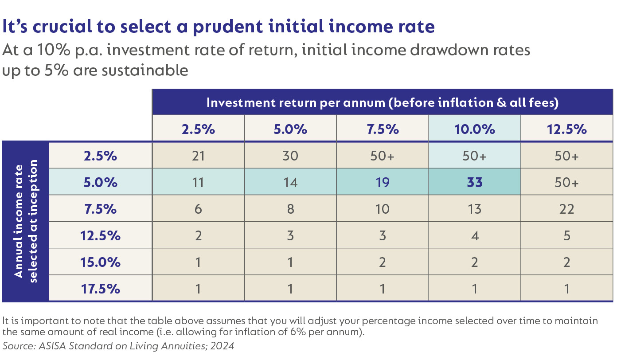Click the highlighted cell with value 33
474,182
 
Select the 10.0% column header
474,129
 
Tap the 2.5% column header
198,129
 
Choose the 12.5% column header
566,129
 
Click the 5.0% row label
100,182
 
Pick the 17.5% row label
100,289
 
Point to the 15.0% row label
100,262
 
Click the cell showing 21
198,156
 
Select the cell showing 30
290,156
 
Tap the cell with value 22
566,209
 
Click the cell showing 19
382,182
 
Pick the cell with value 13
474,209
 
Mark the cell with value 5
566,235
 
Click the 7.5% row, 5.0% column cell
290,209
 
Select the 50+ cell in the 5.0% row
566,182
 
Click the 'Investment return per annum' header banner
382,103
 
